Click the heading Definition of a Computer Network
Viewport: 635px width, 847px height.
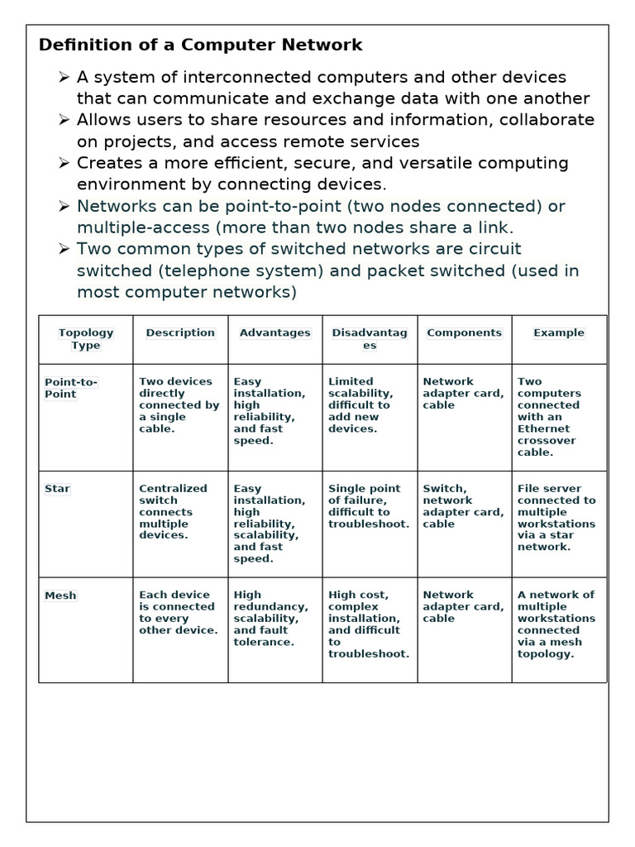coord(200,45)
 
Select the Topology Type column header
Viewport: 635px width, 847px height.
coord(86,339)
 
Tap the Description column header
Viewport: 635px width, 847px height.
coord(180,333)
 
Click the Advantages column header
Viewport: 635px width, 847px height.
coord(275,333)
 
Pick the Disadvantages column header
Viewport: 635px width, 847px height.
coord(370,339)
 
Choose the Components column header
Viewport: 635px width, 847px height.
coord(464,333)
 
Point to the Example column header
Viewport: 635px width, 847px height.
coord(559,333)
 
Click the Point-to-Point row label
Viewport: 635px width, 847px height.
coord(71,388)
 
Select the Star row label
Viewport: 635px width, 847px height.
coord(57,489)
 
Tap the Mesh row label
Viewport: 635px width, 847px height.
coord(60,596)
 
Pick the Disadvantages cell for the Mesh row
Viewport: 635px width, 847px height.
coord(369,624)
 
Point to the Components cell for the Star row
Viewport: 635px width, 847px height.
coord(463,506)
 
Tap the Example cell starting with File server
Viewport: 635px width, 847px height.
coord(556,518)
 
